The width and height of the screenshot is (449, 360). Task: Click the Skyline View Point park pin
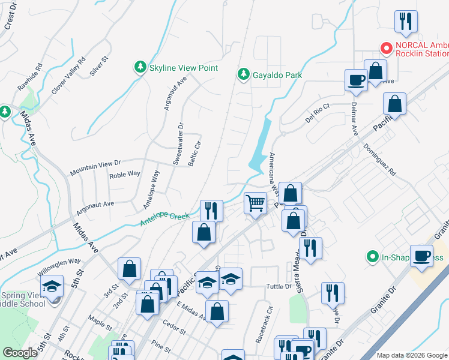[x=140, y=68]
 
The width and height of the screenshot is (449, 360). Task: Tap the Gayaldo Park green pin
[x=243, y=74]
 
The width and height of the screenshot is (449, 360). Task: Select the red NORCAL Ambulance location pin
[x=387, y=47]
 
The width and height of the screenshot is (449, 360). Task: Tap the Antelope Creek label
[x=164, y=219]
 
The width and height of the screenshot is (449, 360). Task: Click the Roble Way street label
[x=124, y=174]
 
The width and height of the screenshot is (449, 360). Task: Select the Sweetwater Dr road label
[x=178, y=143]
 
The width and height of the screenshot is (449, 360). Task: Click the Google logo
[x=20, y=353]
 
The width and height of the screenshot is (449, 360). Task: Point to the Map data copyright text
[x=412, y=355]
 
